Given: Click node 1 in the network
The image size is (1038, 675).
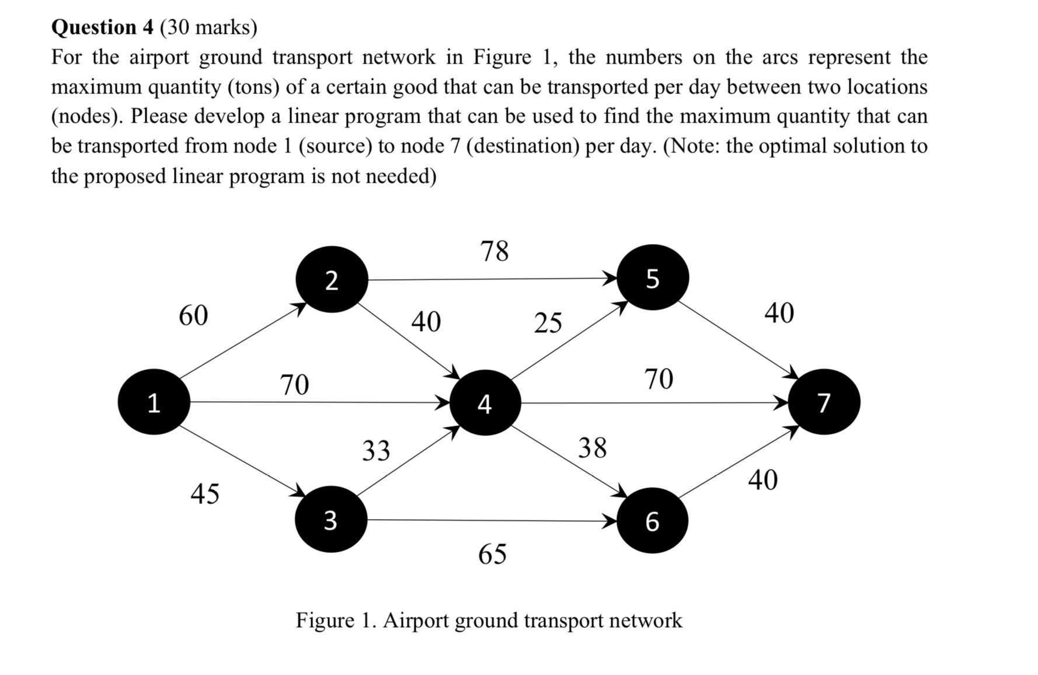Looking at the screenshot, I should tap(154, 402).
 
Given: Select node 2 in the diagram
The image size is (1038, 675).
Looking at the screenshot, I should tap(332, 280).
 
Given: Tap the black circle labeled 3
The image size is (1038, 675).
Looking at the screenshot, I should tap(330, 519).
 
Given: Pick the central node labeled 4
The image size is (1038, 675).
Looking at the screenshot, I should tap(485, 402).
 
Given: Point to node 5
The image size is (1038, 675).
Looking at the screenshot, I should tap(653, 277).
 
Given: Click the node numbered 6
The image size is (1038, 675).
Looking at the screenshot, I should tap(652, 520).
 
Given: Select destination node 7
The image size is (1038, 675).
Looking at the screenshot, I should tap(824, 402).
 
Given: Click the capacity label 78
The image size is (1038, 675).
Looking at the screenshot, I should tap(494, 250).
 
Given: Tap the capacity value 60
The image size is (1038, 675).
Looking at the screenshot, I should tap(193, 315).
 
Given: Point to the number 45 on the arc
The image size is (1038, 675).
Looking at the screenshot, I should tap(205, 493).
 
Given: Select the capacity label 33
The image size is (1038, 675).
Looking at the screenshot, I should tap(376, 450).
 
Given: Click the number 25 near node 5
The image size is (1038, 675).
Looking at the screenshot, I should tap(548, 322).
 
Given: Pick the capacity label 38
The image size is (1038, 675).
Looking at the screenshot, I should tap(593, 447).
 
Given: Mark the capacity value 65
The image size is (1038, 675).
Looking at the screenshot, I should tap(492, 553).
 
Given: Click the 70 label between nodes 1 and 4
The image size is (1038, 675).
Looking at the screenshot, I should tap(294, 384).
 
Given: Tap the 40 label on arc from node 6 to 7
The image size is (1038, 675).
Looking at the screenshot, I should tap(763, 479).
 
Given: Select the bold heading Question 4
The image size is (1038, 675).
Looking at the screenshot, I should tap(102, 27).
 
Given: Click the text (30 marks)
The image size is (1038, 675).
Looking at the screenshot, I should tap(208, 27).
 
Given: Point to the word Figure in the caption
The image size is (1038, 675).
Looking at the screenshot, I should tap(325, 620).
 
